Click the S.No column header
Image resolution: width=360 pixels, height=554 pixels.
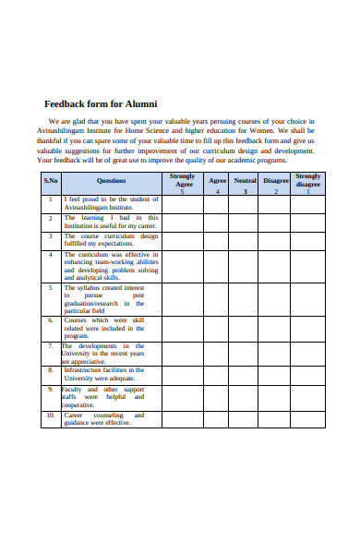pyautogui.click(x=52, y=181)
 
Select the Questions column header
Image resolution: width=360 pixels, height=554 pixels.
pyautogui.click(x=111, y=181)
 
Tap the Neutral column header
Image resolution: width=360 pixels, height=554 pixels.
pyautogui.click(x=245, y=181)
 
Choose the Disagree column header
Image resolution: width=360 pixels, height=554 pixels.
pyautogui.click(x=275, y=181)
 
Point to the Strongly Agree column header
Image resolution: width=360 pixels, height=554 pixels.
pyautogui.click(x=183, y=181)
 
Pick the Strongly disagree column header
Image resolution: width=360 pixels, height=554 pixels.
pyautogui.click(x=308, y=181)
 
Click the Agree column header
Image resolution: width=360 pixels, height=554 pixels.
pyautogui.click(x=217, y=181)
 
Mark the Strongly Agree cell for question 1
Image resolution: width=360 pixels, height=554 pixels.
pyautogui.click(x=183, y=203)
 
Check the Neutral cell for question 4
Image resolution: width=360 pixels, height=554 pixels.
pyautogui.click(x=245, y=265)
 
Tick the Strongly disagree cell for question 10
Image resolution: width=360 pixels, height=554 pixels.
pyautogui.click(x=308, y=419)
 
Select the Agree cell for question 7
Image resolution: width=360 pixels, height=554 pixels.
pyautogui.click(x=217, y=354)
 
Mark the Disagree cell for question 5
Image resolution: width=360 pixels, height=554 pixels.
pyautogui.click(x=275, y=299)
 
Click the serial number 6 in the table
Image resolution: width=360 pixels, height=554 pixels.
pyautogui.click(x=52, y=320)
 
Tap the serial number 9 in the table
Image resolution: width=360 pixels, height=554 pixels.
pyautogui.click(x=52, y=390)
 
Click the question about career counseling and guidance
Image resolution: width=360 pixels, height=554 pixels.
pyautogui.click(x=103, y=419)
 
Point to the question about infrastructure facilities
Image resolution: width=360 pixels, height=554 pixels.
pyautogui.click(x=103, y=374)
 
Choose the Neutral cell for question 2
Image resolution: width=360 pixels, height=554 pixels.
pyautogui.click(x=245, y=222)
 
